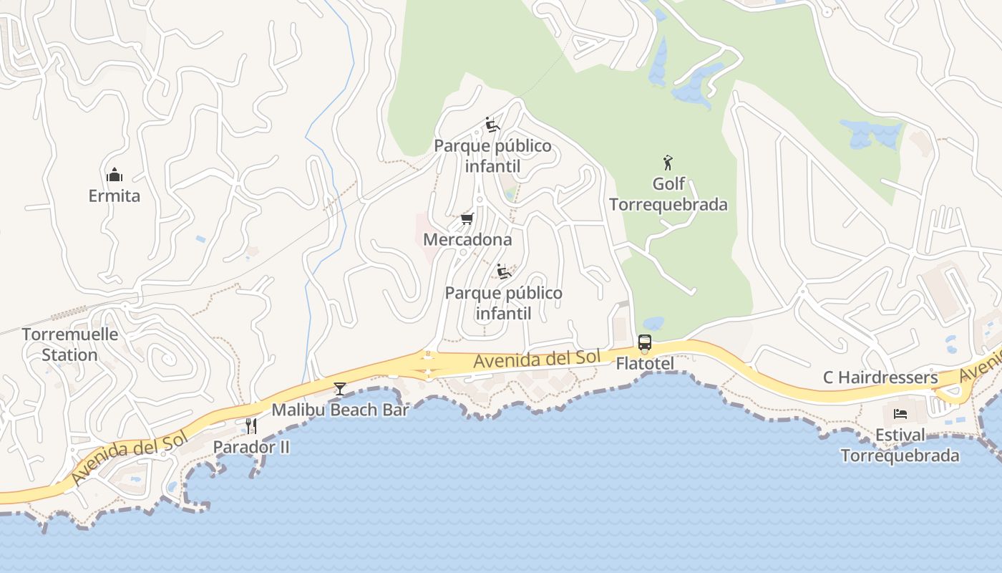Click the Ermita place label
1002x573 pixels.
(x=115, y=196)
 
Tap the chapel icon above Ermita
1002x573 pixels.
(x=115, y=175)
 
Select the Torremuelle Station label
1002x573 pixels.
(x=70, y=345)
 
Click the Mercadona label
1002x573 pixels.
(x=467, y=239)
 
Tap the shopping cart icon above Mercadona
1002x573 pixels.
(x=467, y=218)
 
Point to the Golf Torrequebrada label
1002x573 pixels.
(x=668, y=194)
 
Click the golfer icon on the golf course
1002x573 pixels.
(x=668, y=163)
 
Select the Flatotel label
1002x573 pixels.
(x=645, y=364)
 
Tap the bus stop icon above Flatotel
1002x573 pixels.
(x=645, y=342)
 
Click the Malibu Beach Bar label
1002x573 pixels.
(x=340, y=410)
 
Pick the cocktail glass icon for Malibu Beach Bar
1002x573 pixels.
(x=340, y=389)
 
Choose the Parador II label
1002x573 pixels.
(x=251, y=447)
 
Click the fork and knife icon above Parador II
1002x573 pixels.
(x=251, y=426)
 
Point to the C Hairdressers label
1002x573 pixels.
(x=880, y=377)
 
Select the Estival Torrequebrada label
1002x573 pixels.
(x=900, y=445)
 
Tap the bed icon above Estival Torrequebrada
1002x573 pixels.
(x=900, y=413)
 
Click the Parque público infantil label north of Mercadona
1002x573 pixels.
(x=493, y=156)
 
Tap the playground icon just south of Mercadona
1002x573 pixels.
(x=504, y=271)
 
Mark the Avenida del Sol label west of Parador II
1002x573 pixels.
(x=130, y=453)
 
